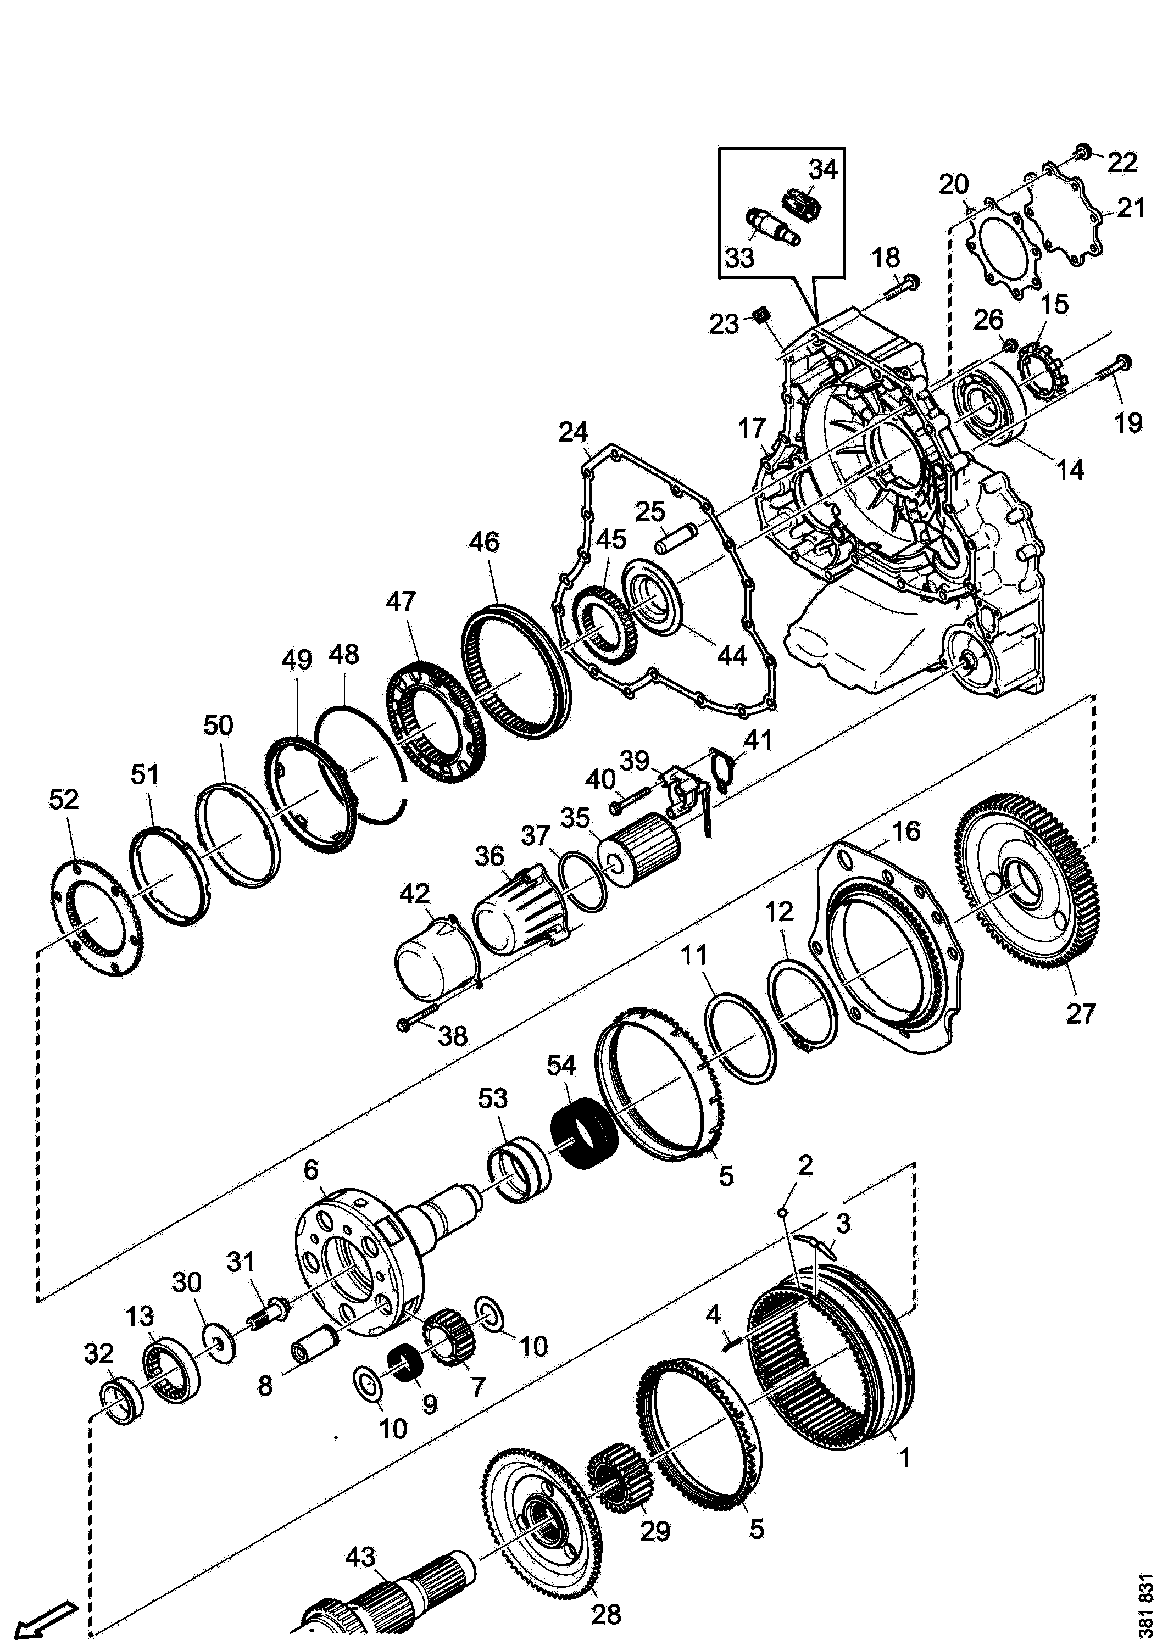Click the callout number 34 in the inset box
coord(822,170)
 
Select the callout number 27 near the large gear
coord(1080,1014)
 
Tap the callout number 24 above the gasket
coord(573,432)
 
